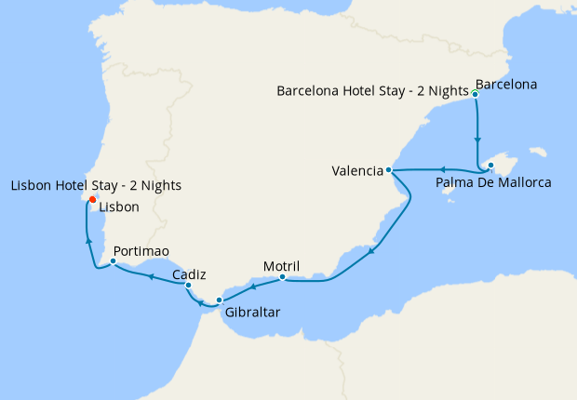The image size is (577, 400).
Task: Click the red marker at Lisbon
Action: coord(92,200)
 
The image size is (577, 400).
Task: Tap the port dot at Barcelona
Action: coord(475,94)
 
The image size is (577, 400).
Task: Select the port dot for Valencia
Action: coord(388,171)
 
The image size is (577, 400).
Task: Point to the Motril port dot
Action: coord(282,277)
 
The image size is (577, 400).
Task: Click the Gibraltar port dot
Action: coord(219,300)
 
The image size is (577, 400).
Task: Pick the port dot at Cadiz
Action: coord(188,286)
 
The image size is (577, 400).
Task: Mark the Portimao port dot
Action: coord(113,261)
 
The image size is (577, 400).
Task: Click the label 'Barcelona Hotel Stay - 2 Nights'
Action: coord(372,90)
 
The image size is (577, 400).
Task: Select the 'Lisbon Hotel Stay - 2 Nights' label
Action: coord(96,186)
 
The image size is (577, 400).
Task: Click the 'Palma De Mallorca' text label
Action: coord(492,182)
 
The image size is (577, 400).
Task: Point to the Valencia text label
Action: coord(357,171)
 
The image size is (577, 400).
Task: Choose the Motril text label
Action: coord(281,265)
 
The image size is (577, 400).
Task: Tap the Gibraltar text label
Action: coord(251,313)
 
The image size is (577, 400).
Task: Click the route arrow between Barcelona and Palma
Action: coord(477,140)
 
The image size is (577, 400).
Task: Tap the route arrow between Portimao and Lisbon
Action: coord(88,240)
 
